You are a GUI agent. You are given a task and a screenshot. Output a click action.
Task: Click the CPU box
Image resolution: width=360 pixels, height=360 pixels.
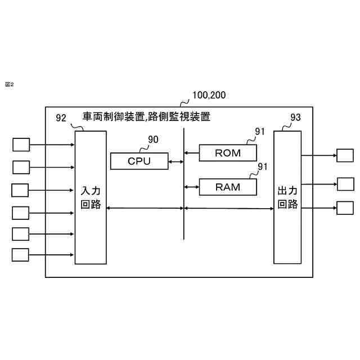(x=139, y=161)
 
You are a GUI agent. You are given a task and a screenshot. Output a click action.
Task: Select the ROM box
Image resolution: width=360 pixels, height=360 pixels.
(x=228, y=152)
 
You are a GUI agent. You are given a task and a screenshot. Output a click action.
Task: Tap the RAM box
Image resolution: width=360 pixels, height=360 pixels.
(x=228, y=187)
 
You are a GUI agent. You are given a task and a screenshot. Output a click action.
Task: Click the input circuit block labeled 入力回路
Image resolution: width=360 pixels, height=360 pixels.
(x=91, y=197)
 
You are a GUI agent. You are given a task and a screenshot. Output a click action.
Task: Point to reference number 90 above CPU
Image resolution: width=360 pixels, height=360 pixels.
(x=153, y=139)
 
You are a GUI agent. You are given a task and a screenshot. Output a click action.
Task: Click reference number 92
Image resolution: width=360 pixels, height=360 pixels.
(x=61, y=118)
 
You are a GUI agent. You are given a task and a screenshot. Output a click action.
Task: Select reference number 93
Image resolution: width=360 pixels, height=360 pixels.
(x=295, y=118)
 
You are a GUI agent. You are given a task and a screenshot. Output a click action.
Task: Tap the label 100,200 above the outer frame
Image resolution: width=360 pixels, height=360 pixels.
(x=209, y=95)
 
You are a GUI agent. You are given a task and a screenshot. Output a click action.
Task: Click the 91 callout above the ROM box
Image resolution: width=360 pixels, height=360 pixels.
(x=260, y=132)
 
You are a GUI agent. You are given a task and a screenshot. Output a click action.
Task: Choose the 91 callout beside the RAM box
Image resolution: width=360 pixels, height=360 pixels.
(x=263, y=167)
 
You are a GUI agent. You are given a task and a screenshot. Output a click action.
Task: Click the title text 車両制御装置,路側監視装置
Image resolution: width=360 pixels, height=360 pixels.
(x=146, y=117)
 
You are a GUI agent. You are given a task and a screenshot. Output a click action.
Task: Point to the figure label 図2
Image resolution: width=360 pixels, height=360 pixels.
(x=9, y=84)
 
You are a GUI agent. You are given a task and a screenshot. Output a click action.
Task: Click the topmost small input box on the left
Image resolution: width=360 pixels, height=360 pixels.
(x=21, y=145)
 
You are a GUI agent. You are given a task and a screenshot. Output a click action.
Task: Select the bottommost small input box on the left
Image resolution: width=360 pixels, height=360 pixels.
(x=21, y=255)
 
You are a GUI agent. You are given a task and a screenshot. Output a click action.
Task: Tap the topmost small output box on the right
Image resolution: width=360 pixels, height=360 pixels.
(x=345, y=155)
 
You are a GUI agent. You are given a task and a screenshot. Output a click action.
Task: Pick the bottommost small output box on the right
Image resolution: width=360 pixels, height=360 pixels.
(x=345, y=208)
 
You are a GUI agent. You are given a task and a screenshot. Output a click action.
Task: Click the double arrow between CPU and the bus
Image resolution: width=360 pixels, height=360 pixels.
(x=175, y=162)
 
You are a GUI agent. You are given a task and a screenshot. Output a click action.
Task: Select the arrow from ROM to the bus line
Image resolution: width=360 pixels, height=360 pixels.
(x=192, y=152)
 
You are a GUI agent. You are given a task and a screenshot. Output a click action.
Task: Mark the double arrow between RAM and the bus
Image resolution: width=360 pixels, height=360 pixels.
(x=192, y=186)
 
